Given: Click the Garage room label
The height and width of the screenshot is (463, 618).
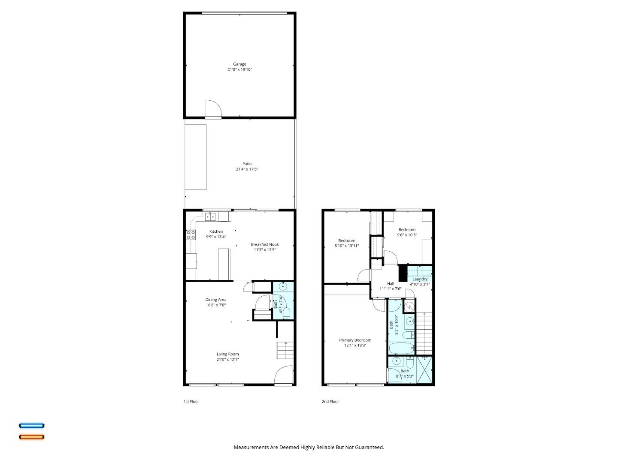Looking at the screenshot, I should pyautogui.click(x=239, y=64).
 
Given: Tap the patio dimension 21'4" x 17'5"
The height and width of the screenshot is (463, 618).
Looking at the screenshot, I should pyautogui.click(x=247, y=169).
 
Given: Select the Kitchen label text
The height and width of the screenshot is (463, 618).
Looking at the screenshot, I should pyautogui.click(x=216, y=231).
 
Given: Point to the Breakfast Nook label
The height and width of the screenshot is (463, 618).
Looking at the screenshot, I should pyautogui.click(x=265, y=244).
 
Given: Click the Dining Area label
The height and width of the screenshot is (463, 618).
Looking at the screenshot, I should pyautogui.click(x=215, y=300).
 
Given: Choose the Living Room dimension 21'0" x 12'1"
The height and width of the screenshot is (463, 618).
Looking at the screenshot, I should pyautogui.click(x=227, y=360).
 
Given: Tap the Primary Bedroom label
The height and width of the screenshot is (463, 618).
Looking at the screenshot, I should pyautogui.click(x=355, y=340).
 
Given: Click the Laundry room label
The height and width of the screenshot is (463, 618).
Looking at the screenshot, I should pyautogui.click(x=420, y=279).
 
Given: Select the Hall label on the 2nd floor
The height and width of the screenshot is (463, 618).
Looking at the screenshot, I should pyautogui.click(x=391, y=283).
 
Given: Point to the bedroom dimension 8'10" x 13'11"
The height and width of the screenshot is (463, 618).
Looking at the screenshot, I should pyautogui.click(x=347, y=246).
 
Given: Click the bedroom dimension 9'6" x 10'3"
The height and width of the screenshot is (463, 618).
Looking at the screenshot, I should pyautogui.click(x=407, y=235).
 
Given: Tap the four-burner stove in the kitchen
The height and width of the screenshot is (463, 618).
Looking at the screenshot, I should pyautogui.click(x=191, y=235).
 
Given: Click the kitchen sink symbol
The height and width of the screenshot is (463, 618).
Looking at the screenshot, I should pyautogui.click(x=210, y=217).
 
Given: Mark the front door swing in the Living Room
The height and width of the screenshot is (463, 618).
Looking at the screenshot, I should pyautogui.click(x=283, y=375).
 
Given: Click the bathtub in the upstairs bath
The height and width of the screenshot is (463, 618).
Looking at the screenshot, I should pyautogui.click(x=401, y=349).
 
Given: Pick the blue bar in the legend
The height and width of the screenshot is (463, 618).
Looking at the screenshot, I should pyautogui.click(x=31, y=426).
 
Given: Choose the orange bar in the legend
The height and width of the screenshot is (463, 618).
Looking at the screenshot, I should pyautogui.click(x=31, y=437).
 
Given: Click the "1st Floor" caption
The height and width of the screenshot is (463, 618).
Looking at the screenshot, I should pyautogui.click(x=191, y=402).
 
